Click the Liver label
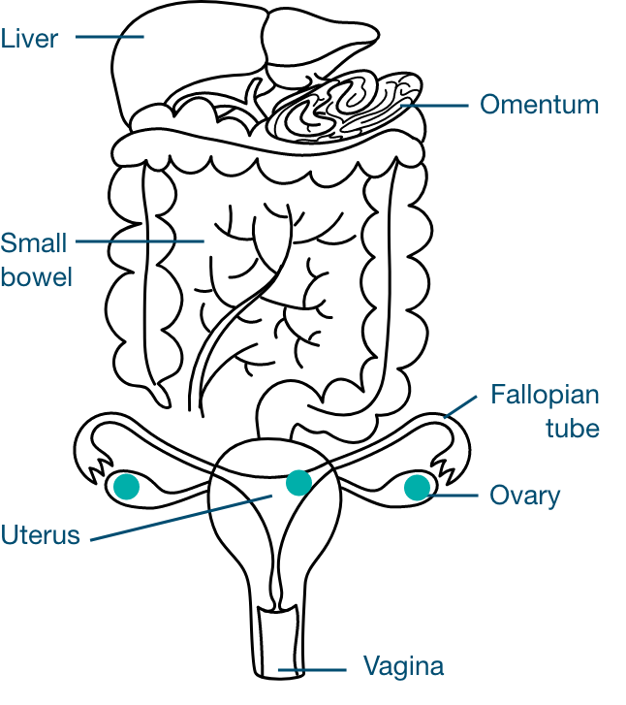pyautogui.click(x=29, y=39)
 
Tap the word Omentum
pyautogui.click(x=539, y=105)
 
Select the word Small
pyautogui.click(x=34, y=242)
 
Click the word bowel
pyautogui.click(x=37, y=276)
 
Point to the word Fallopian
pyautogui.click(x=545, y=396)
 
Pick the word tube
pyautogui.click(x=572, y=428)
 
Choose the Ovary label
pyautogui.click(x=524, y=496)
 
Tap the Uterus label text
pyautogui.click(x=40, y=534)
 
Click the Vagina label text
pyautogui.click(x=403, y=667)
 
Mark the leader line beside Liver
pyautogui.click(x=109, y=37)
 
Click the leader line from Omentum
pyautogui.click(x=436, y=105)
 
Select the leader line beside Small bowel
pyautogui.click(x=140, y=240)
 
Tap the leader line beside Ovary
pyautogui.click(x=454, y=496)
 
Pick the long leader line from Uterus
pyautogui.click(x=180, y=516)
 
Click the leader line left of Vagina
pyautogui.click(x=312, y=669)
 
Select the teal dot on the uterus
pyautogui.click(x=298, y=482)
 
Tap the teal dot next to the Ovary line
pyautogui.click(x=417, y=487)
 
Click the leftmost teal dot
pyautogui.click(x=127, y=487)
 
